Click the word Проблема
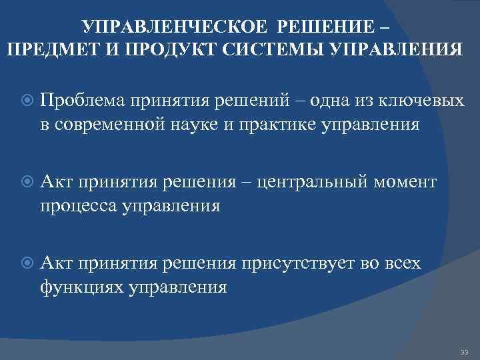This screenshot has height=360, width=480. pyautogui.click(x=86, y=101)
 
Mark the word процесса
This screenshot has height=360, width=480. pyautogui.click(x=77, y=205)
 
